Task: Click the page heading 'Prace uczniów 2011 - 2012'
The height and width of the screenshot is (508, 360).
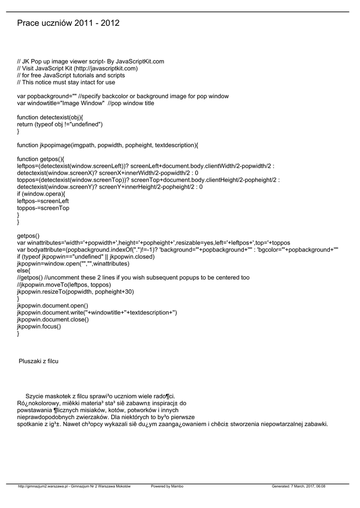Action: point(68,23)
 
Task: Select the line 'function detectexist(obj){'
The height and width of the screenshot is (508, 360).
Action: point(50,118)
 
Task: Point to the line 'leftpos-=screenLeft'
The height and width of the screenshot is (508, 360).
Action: point(43,201)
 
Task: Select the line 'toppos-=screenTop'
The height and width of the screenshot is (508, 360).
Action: point(43,208)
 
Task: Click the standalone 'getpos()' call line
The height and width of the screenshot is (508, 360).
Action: point(28,236)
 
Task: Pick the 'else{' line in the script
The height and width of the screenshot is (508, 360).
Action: point(23,271)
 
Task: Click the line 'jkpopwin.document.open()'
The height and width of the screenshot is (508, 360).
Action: point(53,306)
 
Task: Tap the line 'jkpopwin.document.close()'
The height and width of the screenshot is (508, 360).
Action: point(53,320)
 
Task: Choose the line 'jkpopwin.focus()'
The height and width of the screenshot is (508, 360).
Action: point(39,327)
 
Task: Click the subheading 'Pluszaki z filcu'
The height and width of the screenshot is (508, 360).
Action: point(38,361)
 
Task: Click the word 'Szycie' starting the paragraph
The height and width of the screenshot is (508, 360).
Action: point(35,396)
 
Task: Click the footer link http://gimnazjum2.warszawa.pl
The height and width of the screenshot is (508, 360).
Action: point(43,486)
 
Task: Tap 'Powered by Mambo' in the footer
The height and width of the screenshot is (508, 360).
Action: point(167,486)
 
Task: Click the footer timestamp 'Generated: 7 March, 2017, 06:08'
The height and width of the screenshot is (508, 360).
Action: point(298,486)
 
